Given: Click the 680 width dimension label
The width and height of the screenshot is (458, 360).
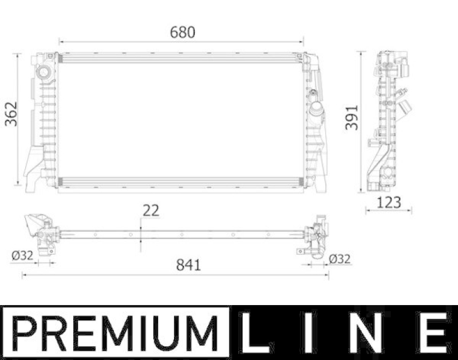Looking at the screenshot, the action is tap(183, 32).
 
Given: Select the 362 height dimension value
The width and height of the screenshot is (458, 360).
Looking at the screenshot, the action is tap(11, 114).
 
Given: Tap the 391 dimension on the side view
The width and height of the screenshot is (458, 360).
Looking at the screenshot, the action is tap(352, 117).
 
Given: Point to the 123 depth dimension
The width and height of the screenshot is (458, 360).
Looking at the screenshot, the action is tap(389, 203).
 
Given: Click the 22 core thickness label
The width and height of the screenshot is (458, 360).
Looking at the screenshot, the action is tap(151, 211).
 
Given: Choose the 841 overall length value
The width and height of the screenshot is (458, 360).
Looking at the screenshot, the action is tap(188, 265).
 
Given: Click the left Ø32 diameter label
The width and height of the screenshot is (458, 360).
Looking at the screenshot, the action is tap(22, 256).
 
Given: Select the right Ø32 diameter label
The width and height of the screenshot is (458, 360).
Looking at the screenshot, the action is tap(339, 259).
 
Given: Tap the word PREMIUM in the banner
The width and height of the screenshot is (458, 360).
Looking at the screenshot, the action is tap(116, 333).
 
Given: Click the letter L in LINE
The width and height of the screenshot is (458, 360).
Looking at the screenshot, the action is tap(254, 333).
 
